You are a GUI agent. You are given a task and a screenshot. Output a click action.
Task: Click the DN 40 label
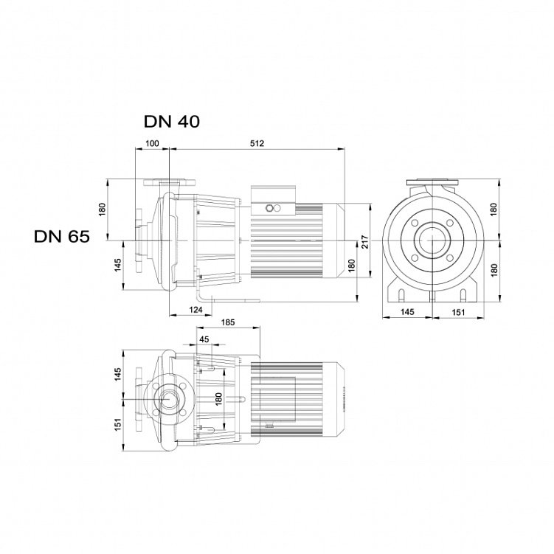tap(172, 122)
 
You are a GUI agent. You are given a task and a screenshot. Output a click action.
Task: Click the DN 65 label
tap(62, 236)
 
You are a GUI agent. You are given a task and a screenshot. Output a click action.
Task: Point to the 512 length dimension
tap(257, 143)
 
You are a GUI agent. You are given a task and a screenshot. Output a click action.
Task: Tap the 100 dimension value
tap(152, 143)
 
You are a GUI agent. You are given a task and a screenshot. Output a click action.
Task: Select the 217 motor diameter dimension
tap(365, 242)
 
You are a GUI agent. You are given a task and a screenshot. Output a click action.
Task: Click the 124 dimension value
tap(195, 310)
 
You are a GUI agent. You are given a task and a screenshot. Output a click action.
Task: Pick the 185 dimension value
tap(228, 322)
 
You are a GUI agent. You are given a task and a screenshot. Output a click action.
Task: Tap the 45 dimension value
tap(204, 339)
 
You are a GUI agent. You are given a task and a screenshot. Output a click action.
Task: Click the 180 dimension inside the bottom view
tap(218, 399)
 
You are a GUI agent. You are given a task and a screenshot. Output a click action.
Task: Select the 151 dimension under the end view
tap(459, 312)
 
